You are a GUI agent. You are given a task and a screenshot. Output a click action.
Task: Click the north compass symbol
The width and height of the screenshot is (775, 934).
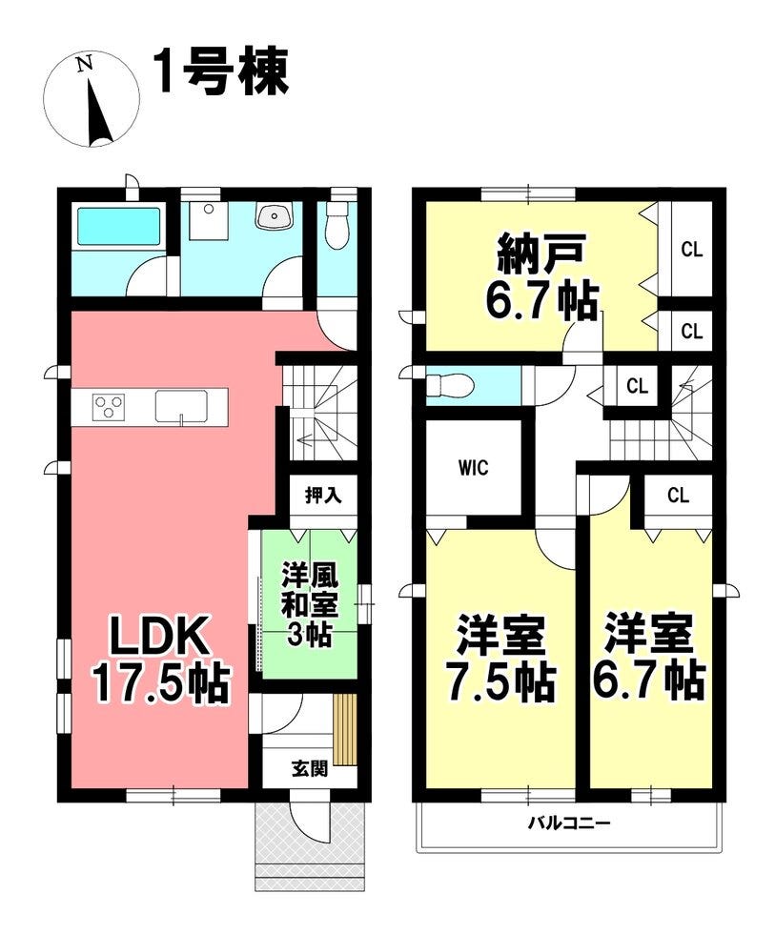pyautogui.click(x=92, y=100)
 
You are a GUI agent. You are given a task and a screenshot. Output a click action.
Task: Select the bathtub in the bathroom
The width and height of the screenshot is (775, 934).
pyautogui.click(x=118, y=227)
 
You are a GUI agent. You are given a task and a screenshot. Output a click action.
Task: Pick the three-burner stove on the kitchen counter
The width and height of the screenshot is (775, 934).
pyautogui.click(x=109, y=408)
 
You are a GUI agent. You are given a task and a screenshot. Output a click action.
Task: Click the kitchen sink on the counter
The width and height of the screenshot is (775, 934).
pyautogui.click(x=182, y=407)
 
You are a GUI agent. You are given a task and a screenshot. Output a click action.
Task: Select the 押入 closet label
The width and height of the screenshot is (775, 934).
pyautogui.click(x=323, y=495)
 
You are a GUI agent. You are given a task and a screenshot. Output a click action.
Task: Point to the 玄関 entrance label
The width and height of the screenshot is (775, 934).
pyautogui.click(x=310, y=768)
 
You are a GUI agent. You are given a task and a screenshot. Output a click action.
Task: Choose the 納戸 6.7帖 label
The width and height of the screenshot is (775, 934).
pyautogui.click(x=540, y=278)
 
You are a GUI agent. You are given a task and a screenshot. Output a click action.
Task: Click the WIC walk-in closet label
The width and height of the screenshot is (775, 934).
pyautogui.click(x=474, y=468)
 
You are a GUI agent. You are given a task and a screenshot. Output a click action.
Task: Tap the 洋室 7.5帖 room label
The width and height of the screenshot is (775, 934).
pyautogui.click(x=501, y=659)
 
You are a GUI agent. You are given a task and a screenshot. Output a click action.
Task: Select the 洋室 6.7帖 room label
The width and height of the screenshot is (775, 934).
pyautogui.click(x=649, y=659)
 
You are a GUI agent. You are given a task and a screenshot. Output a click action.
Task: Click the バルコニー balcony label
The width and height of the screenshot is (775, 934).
pyautogui.click(x=569, y=823)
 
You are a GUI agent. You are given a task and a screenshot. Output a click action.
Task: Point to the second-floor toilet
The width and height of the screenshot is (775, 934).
pyautogui.click(x=450, y=385)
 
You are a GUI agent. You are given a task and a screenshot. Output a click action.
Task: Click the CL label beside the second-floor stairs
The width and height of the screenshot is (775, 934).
pyautogui.click(x=637, y=387)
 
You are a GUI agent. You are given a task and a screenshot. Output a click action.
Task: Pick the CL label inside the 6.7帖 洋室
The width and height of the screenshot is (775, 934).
pyautogui.click(x=678, y=495)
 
